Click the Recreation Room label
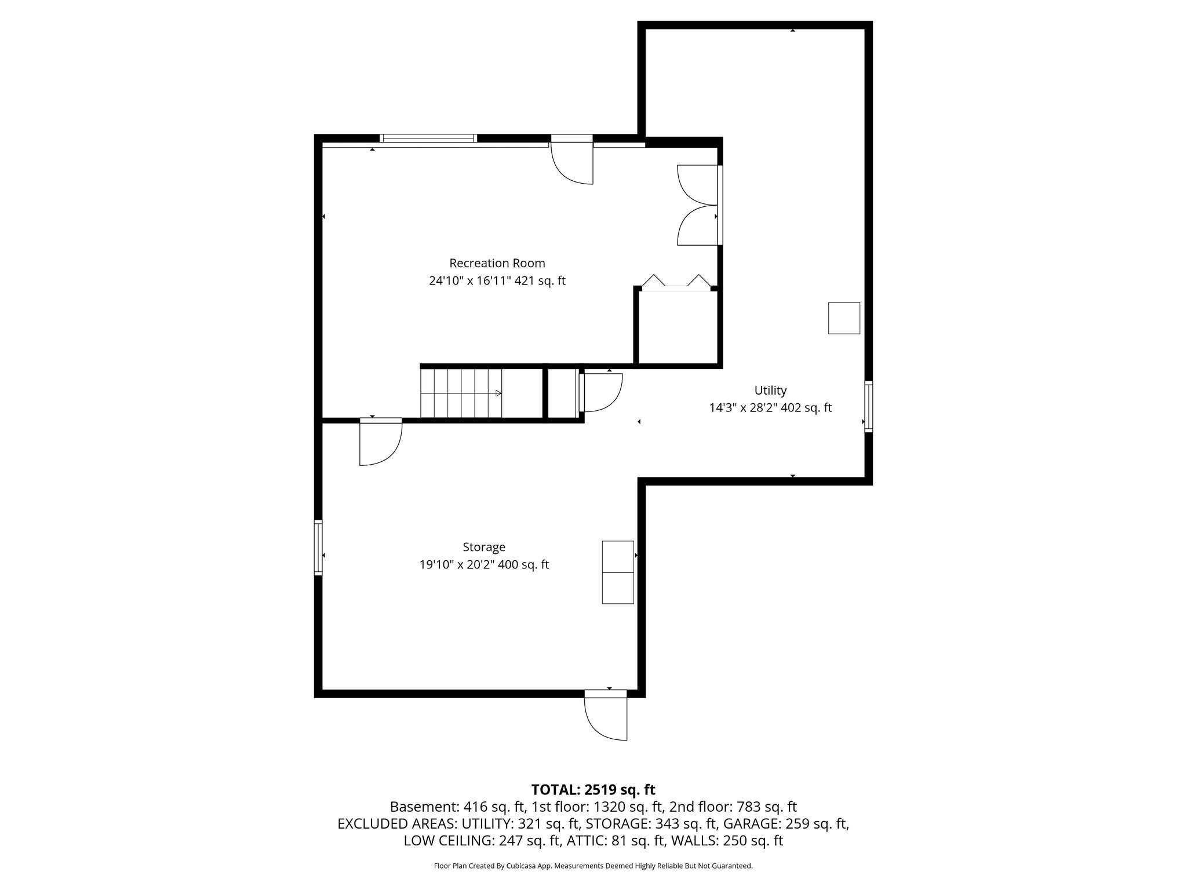pos(497,263)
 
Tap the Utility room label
pos(770,390)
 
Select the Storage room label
pos(484,547)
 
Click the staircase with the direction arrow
pos(461,393)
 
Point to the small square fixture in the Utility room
pos(844,318)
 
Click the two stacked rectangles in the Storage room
pos(618,572)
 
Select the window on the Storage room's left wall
pos(318,548)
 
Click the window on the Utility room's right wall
pos(868,406)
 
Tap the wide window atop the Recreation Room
pos(428,138)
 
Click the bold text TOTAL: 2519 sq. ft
pos(593,790)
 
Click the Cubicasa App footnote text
pos(593,866)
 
